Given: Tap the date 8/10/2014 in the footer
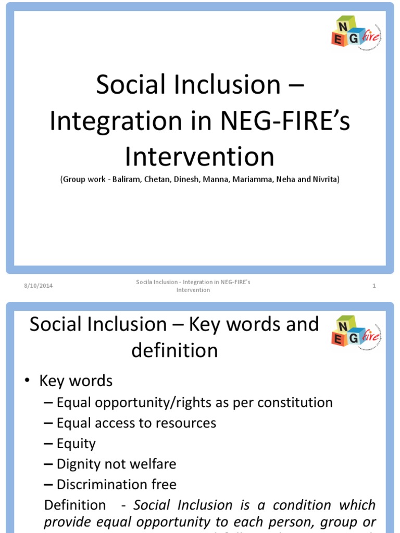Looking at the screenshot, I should tap(39, 286).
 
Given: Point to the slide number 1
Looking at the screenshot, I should tap(374, 286).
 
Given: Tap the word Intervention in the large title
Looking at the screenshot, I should tap(200, 156).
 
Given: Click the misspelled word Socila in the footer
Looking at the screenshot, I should tap(144, 282).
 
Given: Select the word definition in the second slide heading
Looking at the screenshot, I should tap(174, 350).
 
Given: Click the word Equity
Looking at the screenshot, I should tap(77, 443).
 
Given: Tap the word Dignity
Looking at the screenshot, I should tap(80, 464).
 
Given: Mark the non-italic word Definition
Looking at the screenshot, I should tap(75, 505).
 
